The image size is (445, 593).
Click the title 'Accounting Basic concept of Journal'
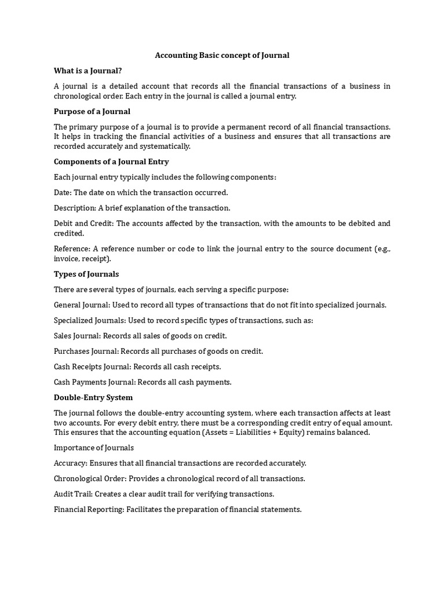click(x=222, y=56)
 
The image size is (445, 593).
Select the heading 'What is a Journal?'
click(x=87, y=71)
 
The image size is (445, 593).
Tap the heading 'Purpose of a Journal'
click(x=92, y=111)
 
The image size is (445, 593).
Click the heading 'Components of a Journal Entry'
click(x=111, y=162)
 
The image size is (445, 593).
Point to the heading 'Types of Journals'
click(x=86, y=274)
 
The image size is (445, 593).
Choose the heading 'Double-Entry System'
click(x=93, y=398)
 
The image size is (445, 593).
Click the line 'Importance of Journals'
click(x=94, y=448)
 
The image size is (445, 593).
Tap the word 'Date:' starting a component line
click(x=63, y=192)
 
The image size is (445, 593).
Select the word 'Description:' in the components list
click(x=72, y=208)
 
